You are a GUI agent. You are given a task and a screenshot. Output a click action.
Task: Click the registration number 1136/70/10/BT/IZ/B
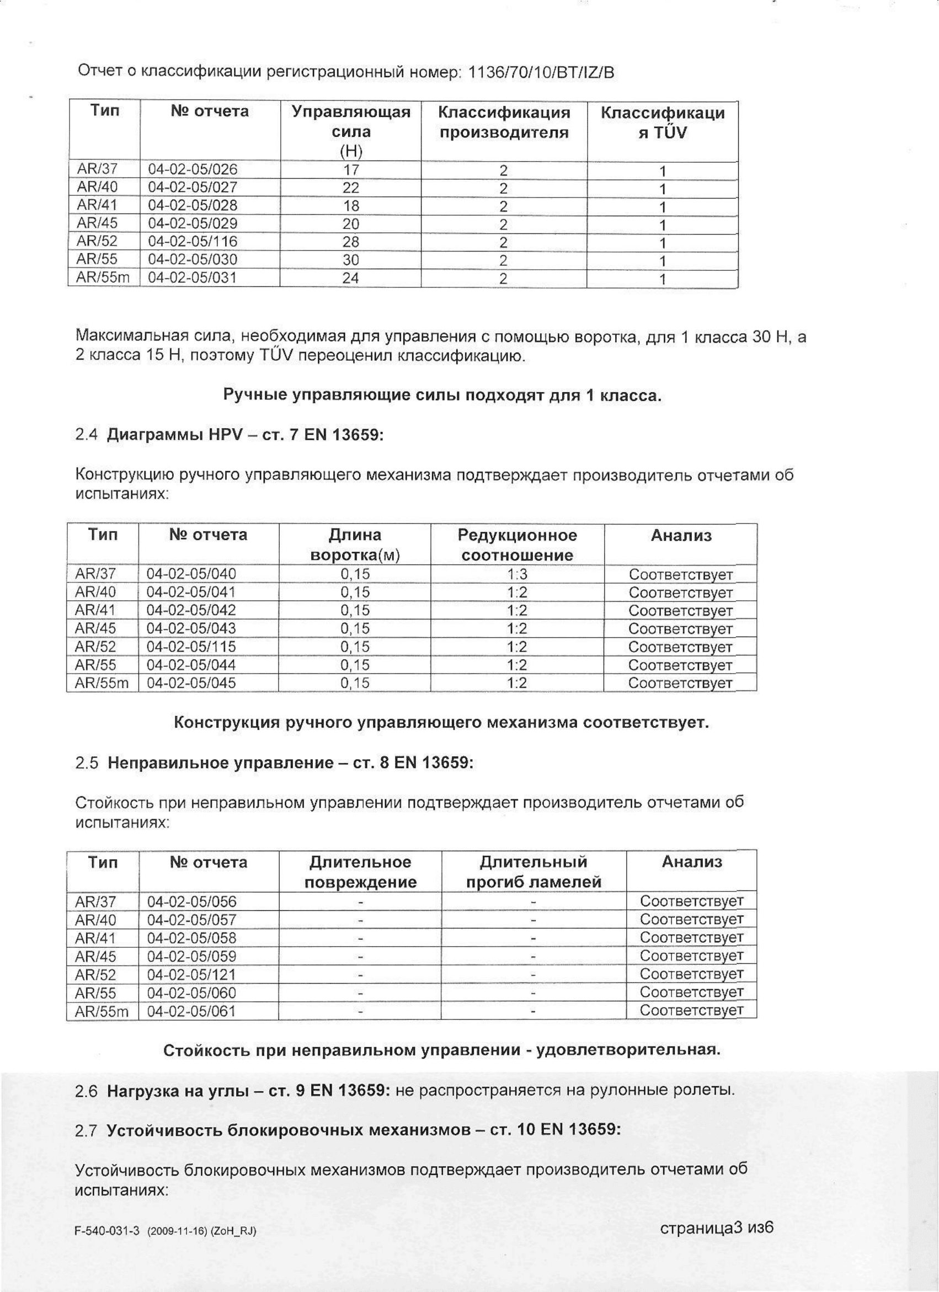pyautogui.click(x=541, y=73)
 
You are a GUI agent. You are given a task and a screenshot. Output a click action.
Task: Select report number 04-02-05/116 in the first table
pyautogui.click(x=193, y=242)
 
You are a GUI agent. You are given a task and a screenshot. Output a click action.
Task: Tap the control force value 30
pyautogui.click(x=351, y=260)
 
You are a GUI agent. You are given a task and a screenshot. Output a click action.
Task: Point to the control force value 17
pyautogui.click(x=351, y=170)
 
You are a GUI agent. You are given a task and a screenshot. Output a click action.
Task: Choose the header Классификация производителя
pyautogui.click(x=504, y=122)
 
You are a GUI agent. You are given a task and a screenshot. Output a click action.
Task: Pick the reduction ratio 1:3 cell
pyautogui.click(x=517, y=575)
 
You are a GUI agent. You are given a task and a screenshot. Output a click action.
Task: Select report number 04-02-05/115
pyautogui.click(x=191, y=647)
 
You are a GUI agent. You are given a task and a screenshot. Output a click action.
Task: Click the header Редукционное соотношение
pyautogui.click(x=517, y=545)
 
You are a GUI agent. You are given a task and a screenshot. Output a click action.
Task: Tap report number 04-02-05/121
pyautogui.click(x=191, y=975)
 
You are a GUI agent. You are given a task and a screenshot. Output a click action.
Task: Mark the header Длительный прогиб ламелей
pyautogui.click(x=534, y=872)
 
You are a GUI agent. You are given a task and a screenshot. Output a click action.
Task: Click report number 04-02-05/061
pyautogui.click(x=191, y=1011)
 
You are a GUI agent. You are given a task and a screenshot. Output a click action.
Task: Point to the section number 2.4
pyautogui.click(x=87, y=435)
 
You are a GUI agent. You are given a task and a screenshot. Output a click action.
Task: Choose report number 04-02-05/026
pyautogui.click(x=193, y=169)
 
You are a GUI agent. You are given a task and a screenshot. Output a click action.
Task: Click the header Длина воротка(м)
pyautogui.click(x=355, y=545)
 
